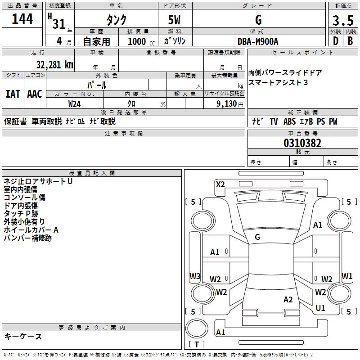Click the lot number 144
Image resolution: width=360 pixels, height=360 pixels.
coord(22,18)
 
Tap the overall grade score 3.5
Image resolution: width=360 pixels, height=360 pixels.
coord(343,20)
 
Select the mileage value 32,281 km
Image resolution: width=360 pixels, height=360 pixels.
coord(55,65)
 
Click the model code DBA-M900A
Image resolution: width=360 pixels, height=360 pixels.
coord(258,41)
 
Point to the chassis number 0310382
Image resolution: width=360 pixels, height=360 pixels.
coord(302,143)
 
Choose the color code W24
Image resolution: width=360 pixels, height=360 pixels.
coord(74,104)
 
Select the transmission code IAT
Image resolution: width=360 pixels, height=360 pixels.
coord(13,94)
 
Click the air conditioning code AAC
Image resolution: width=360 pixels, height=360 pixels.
coord(35,94)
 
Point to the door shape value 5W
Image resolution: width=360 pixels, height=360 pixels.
coord(174,20)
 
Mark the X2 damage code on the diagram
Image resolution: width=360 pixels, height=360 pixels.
coord(220,184)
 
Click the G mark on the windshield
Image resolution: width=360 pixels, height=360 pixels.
coord(257,237)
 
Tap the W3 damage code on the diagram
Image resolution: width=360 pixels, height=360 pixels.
coord(195,276)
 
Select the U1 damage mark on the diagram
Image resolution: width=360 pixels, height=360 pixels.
coord(320,308)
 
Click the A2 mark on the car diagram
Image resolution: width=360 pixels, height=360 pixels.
coord(288,300)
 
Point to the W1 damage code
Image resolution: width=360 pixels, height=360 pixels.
coord(347,276)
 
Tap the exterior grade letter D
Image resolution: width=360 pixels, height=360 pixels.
coord(336,41)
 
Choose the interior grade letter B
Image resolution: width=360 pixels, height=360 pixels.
coord(350,41)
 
